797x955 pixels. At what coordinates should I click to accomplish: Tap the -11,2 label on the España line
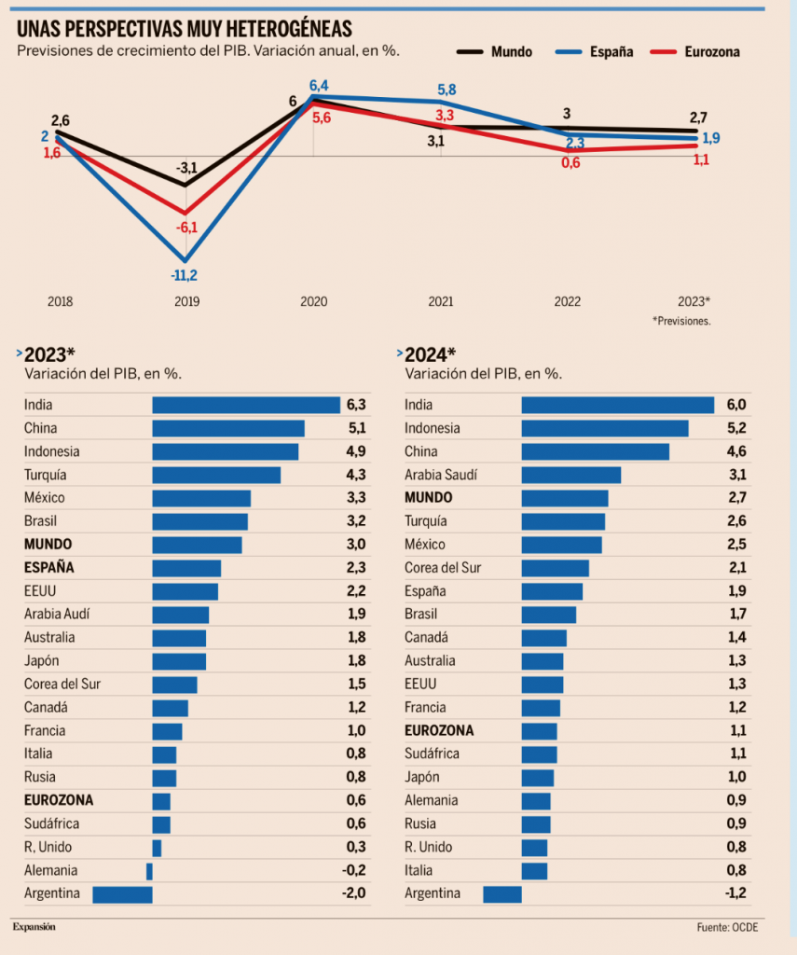pos(185,275)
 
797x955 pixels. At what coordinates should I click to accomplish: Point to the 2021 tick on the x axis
pos(441,301)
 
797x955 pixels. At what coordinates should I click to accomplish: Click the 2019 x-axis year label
pos(186,301)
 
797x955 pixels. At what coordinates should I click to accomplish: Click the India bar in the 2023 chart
pos(245,405)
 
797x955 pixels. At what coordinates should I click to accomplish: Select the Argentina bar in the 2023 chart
pos(122,893)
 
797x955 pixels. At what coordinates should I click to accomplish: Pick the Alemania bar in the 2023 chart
pos(149,870)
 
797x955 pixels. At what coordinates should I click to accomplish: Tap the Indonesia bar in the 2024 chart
pos(604,428)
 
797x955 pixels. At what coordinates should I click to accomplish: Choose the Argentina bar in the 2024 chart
pos(502,893)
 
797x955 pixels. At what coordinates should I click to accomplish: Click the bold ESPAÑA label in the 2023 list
pos(49,567)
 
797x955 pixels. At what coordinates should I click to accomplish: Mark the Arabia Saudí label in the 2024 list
pos(441,475)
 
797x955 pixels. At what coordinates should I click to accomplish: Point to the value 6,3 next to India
pos(355,405)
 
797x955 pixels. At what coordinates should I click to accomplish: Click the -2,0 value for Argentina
pos(353,893)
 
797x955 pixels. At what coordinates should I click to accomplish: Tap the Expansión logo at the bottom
pos(34,927)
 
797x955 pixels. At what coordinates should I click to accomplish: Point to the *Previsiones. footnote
pos(681,320)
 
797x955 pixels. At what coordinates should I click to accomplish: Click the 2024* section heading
pos(430,354)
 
